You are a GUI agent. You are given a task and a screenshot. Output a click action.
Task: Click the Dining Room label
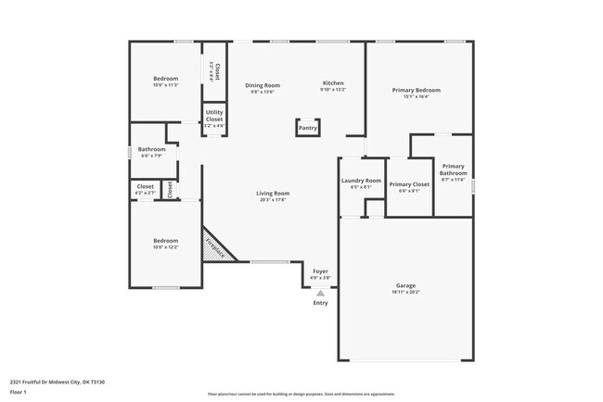tap(263, 85)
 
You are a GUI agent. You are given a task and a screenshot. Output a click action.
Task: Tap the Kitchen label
tap(333, 83)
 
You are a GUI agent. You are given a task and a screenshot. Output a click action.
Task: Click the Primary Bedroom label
tap(416, 90)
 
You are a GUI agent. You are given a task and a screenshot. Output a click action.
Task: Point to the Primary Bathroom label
tap(454, 170)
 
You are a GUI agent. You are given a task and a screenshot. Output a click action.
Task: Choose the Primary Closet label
tap(408, 184)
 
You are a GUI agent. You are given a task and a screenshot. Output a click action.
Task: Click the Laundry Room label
tap(361, 181)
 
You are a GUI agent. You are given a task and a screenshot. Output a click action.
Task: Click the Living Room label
tap(273, 194)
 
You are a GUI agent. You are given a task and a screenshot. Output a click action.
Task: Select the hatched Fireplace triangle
tap(215, 247)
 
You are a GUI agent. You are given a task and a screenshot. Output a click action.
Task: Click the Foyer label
tap(320, 271)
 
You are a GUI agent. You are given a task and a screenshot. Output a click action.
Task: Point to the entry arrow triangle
tap(320, 293)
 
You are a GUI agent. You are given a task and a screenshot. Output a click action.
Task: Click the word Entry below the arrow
tap(320, 303)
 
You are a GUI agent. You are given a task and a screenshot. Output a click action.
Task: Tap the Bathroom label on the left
tap(151, 149)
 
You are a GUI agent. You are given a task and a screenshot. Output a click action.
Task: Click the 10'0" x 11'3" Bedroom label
tap(165, 79)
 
